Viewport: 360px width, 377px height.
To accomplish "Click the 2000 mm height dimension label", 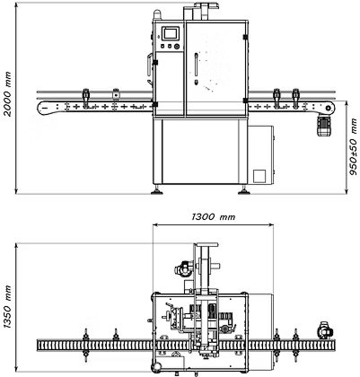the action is pos(7,93).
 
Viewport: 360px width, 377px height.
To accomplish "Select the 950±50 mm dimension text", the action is pos(354,146).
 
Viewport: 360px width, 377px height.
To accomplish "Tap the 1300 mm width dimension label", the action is pos(214,216).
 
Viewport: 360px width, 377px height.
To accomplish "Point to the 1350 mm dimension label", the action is pos(7,307).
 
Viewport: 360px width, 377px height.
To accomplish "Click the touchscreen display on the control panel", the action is pos(171,33).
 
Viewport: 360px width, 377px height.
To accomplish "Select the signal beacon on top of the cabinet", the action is pos(157,15).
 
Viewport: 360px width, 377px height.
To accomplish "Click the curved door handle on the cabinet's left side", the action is pos(149,64).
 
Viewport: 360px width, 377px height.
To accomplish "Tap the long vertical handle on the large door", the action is pos(196,64).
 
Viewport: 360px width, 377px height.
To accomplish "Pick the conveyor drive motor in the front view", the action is pos(323,126).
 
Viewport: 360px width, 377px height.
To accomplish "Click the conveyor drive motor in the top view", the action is pos(325,330).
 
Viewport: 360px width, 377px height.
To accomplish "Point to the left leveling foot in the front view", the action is pos(157,190).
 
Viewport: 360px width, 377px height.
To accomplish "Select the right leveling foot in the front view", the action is pos(243,190).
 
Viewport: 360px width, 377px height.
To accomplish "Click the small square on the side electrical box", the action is pos(259,176).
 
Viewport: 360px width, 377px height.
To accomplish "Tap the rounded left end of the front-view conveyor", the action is pos(43,107).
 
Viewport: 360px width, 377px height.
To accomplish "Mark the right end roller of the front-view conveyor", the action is pos(329,107).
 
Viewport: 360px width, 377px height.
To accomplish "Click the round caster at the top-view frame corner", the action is pos(155,367).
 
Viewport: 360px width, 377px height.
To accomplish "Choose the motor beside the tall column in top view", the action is pos(183,267).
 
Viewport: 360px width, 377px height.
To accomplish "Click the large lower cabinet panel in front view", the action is pos(200,152).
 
